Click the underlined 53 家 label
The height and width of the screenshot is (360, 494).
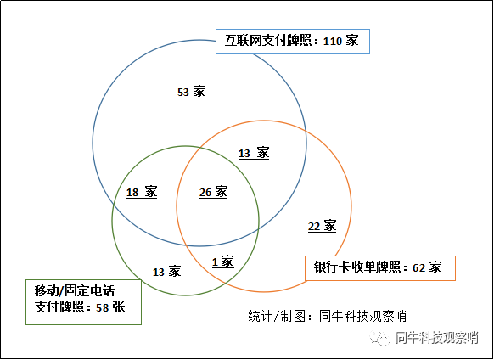click(192, 92)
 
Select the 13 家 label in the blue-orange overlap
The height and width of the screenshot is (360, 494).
click(254, 153)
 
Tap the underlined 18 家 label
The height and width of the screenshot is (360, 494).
click(142, 192)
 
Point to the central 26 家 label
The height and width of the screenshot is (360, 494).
click(213, 192)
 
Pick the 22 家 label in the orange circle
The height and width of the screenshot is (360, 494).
click(322, 227)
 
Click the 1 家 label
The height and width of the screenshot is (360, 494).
click(223, 262)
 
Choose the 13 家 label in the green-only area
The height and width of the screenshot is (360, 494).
click(166, 272)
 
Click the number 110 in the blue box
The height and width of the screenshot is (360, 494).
click(333, 42)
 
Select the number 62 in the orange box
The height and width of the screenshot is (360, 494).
click(418, 267)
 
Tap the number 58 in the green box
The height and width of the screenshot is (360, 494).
click(103, 307)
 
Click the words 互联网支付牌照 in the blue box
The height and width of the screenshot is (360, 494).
click(267, 41)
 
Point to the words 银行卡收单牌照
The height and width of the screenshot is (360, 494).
click(357, 267)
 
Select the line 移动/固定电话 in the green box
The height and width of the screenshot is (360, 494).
click(75, 291)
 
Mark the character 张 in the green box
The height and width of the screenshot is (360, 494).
click(119, 307)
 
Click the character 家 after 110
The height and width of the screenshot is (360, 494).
click(352, 41)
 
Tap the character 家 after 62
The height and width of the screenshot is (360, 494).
click(435, 267)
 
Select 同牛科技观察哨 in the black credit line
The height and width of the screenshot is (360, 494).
click(362, 316)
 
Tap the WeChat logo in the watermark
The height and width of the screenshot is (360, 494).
click(380, 339)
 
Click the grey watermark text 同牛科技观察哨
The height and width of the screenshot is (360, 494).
click(437, 338)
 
